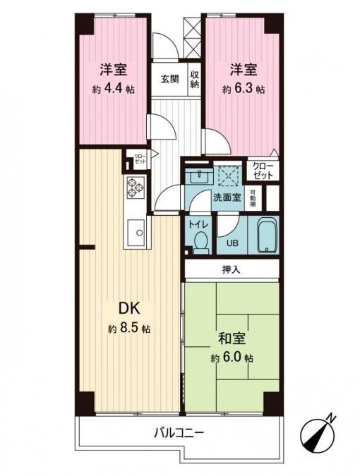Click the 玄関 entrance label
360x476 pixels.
coord(170,80)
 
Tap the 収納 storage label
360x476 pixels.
coord(194,79)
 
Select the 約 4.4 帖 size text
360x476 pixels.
coord(114,89)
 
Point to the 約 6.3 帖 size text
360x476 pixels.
coord(244,90)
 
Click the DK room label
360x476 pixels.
coord(129,309)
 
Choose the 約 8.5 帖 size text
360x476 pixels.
coord(129,329)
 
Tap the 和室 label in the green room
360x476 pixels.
coord(232,338)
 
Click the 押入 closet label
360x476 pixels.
coord(232,269)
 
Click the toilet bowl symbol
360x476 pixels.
coord(201,243)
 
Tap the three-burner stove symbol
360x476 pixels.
coord(136,188)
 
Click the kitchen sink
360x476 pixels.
coord(136,233)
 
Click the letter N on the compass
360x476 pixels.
coord(331,419)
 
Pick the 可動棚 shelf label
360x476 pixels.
coord(252,198)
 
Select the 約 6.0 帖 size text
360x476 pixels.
coord(232,358)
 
